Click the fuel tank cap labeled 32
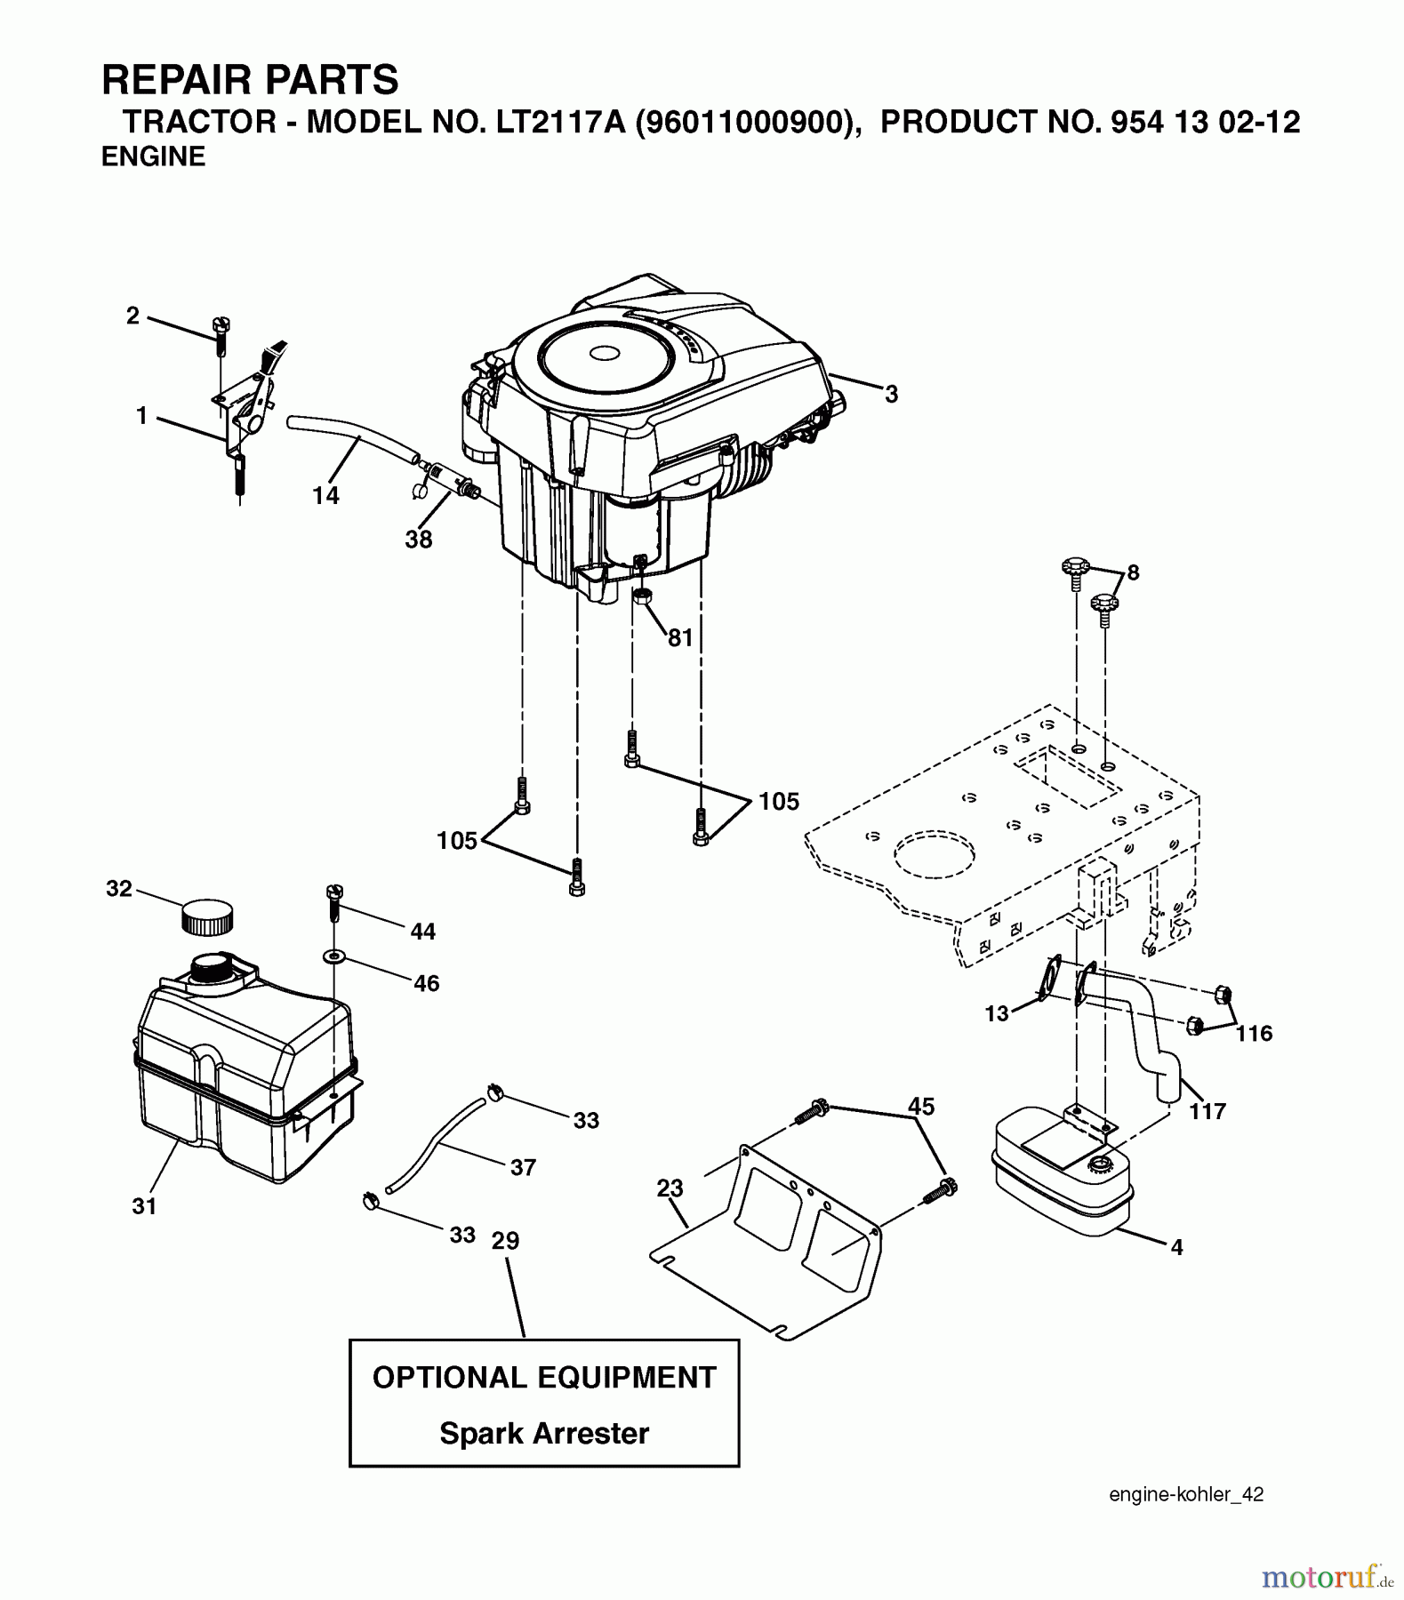[206, 917]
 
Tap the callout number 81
[679, 638]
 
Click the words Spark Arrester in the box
[543, 1433]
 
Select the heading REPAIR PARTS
[250, 80]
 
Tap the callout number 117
[1207, 1111]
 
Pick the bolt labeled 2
[220, 334]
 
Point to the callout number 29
[505, 1240]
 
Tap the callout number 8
[1132, 572]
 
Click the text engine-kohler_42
[1185, 1494]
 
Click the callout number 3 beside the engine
[891, 394]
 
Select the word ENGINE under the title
[153, 156]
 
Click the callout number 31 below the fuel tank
[144, 1206]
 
